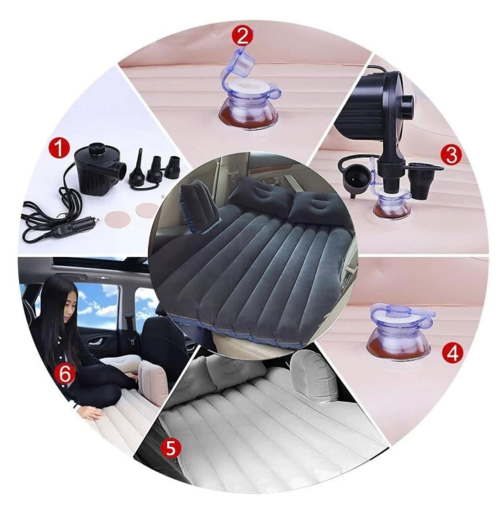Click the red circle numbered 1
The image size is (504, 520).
(x=59, y=148)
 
